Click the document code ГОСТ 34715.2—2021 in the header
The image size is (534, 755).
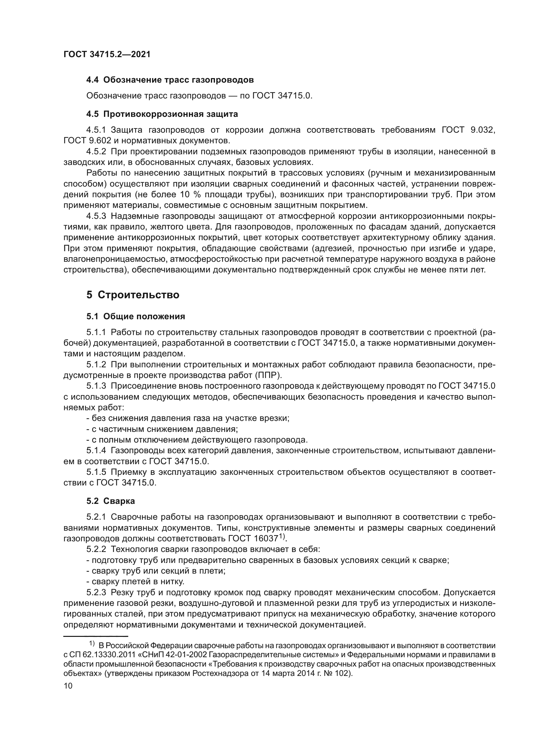coord(107,55)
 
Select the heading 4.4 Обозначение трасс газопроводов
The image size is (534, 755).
coord(170,80)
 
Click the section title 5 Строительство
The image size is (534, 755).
coord(133,295)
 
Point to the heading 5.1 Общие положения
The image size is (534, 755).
coord(136,316)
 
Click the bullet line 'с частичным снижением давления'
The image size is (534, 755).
coord(162,429)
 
